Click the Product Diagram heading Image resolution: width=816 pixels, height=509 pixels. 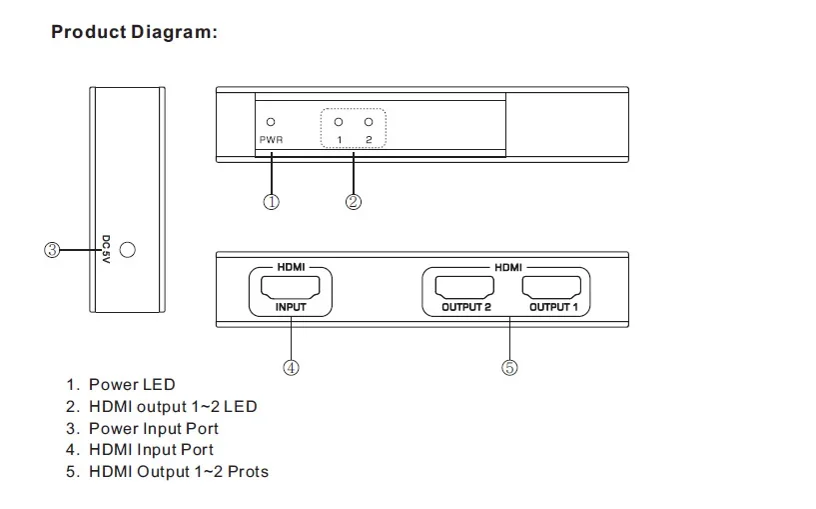pos(134,32)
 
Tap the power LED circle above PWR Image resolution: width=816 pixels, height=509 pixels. pos(271,122)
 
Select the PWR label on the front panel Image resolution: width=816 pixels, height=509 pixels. pos(271,140)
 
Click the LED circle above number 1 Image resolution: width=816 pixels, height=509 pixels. pos(339,122)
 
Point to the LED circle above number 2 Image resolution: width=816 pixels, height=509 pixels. pos(369,122)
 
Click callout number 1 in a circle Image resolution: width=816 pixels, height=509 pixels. pos(271,202)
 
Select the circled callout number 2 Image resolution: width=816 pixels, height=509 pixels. pos(354,202)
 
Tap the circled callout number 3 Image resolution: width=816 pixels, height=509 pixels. pos(52,250)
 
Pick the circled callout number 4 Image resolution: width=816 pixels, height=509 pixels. pos(291,368)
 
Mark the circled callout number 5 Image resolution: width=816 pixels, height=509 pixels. pos(509,368)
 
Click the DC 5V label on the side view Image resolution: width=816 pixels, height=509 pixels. pos(106,249)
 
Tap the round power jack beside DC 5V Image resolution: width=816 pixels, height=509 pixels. pos(128,250)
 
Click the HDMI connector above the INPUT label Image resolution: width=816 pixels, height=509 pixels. pos(290,288)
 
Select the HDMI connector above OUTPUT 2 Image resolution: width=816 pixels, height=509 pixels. pos(464,288)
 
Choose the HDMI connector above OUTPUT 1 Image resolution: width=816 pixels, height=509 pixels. pos(551,288)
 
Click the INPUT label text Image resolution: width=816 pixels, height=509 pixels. pos(291,307)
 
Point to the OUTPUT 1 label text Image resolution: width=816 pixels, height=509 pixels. pos(553,307)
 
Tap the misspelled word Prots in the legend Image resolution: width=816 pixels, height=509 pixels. pos(249,471)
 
